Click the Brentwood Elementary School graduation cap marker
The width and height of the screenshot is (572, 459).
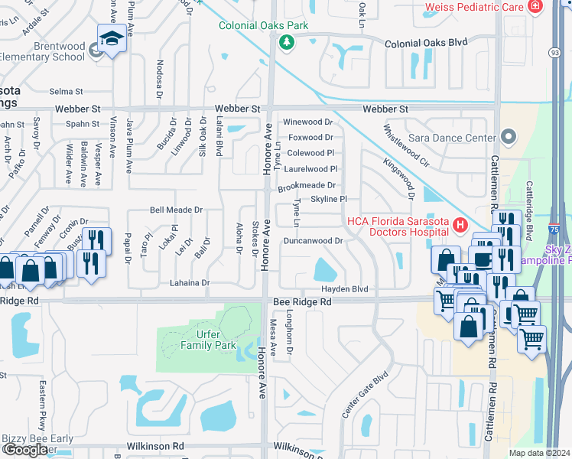[x=112, y=38]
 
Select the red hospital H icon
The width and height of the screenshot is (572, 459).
[x=460, y=225]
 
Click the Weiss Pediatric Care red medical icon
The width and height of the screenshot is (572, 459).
[x=535, y=7]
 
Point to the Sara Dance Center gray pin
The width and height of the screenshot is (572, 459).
[x=509, y=137]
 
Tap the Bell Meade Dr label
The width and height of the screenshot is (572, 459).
[x=177, y=210]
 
